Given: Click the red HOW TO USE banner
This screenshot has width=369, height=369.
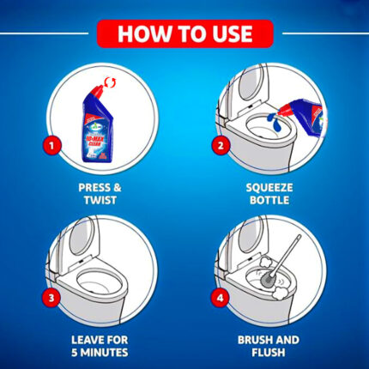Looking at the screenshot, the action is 185,33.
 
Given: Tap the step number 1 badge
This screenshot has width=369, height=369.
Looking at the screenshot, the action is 51,146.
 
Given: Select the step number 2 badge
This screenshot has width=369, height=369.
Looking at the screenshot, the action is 221,146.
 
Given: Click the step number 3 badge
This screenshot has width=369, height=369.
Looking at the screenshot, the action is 51,298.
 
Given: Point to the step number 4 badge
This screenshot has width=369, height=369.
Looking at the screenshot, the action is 220,298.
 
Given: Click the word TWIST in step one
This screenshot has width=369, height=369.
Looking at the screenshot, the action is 100,200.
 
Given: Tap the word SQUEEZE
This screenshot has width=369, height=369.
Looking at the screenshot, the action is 269,188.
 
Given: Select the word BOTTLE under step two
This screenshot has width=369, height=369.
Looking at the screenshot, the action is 269,200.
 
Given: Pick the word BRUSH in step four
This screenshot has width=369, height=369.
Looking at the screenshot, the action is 253,340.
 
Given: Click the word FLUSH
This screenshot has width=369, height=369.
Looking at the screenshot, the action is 269,353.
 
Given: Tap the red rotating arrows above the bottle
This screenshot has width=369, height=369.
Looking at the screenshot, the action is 111,82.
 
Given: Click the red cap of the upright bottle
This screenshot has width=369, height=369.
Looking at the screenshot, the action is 96,92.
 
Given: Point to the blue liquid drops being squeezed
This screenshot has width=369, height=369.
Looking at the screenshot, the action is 274,120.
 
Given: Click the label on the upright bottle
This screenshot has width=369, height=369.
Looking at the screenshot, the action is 97,138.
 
